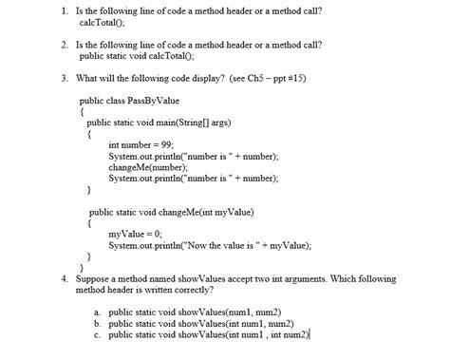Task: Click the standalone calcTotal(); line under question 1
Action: (106, 22)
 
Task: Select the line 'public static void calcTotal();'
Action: (144, 55)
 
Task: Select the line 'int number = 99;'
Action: (141, 143)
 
